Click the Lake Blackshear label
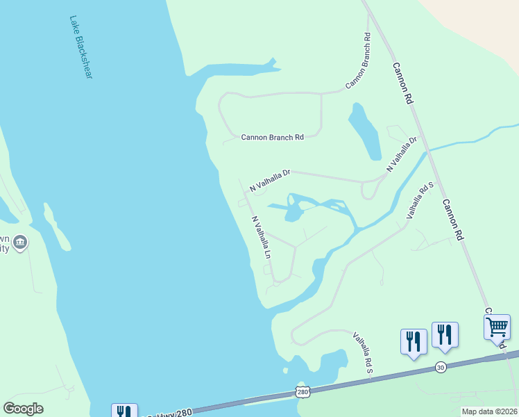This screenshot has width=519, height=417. (81, 47)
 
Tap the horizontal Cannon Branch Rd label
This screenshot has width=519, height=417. (272, 138)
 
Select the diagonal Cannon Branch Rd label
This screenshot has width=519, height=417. (359, 61)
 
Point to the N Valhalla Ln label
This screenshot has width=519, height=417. (260, 237)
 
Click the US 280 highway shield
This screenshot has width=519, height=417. (303, 392)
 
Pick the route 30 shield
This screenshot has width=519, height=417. (441, 366)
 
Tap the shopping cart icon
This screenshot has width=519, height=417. (497, 327)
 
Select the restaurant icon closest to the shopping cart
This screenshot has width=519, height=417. (444, 335)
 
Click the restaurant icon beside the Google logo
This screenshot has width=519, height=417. (124, 411)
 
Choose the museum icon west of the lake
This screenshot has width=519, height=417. (19, 243)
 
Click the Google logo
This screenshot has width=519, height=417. (24, 409)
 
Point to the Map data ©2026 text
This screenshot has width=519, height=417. (489, 411)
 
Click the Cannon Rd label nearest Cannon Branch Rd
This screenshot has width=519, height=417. (402, 83)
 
